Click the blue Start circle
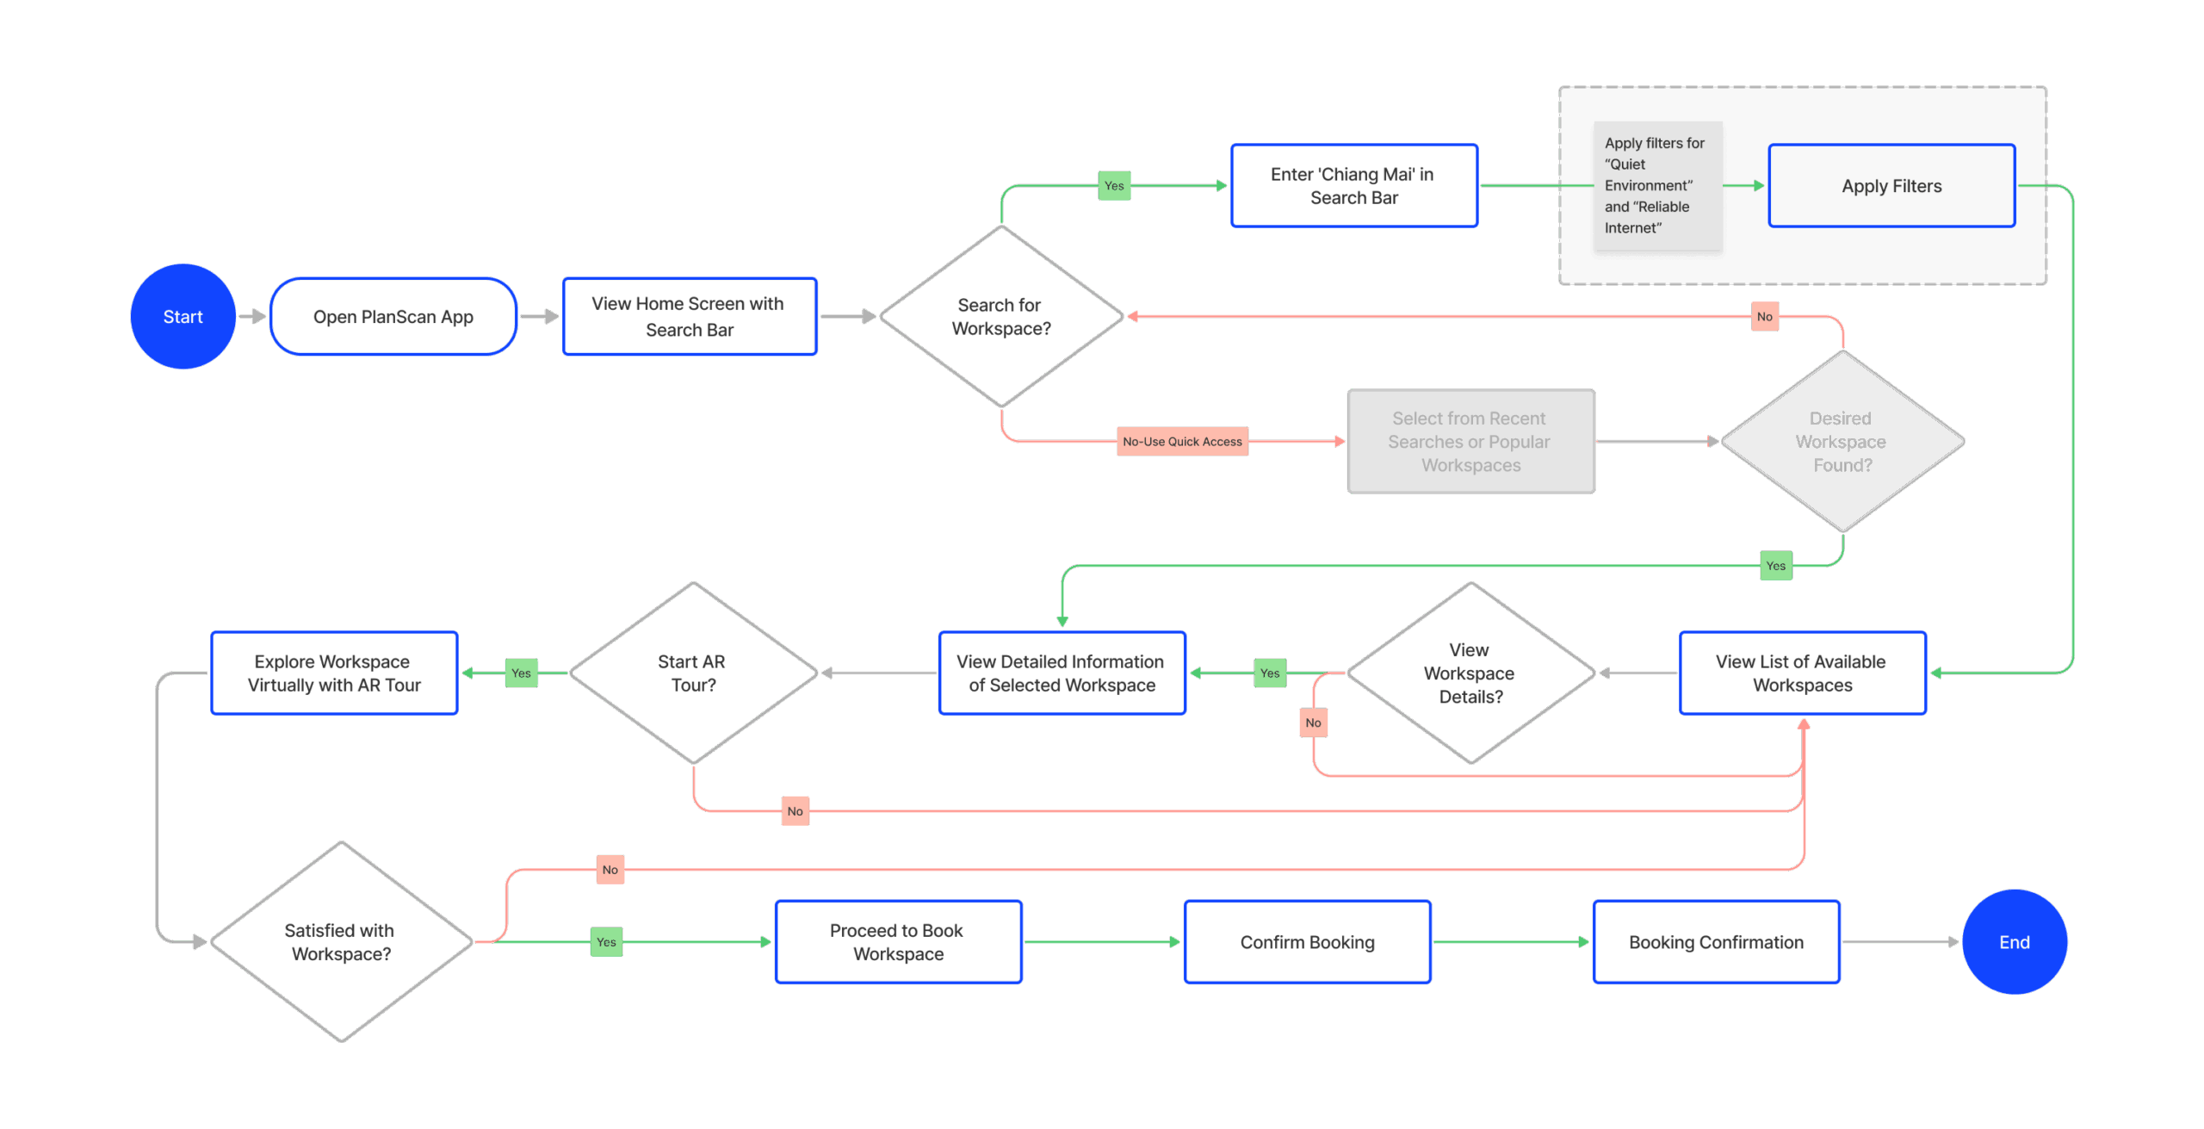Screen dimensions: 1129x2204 (183, 316)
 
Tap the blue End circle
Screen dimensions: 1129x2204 (2014, 941)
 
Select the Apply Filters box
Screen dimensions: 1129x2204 (1891, 186)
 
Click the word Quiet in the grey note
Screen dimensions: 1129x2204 (1627, 164)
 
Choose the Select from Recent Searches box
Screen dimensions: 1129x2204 (1470, 441)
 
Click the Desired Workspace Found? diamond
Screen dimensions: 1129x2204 (1842, 441)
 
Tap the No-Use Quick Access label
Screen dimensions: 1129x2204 (1182, 441)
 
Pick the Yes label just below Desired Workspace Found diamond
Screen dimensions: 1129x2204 (1775, 566)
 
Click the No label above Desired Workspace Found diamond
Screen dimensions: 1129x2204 (1764, 316)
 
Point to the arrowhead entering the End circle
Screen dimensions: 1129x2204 (1953, 941)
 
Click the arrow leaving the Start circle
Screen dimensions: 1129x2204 (252, 316)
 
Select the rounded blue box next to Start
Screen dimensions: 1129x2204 (393, 316)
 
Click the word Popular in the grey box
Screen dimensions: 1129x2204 (1519, 442)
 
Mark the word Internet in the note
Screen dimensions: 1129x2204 (1632, 228)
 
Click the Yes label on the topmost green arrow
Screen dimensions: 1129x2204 (1114, 186)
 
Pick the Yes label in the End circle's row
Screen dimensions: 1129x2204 (606, 941)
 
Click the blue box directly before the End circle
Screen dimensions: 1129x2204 (1716, 941)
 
